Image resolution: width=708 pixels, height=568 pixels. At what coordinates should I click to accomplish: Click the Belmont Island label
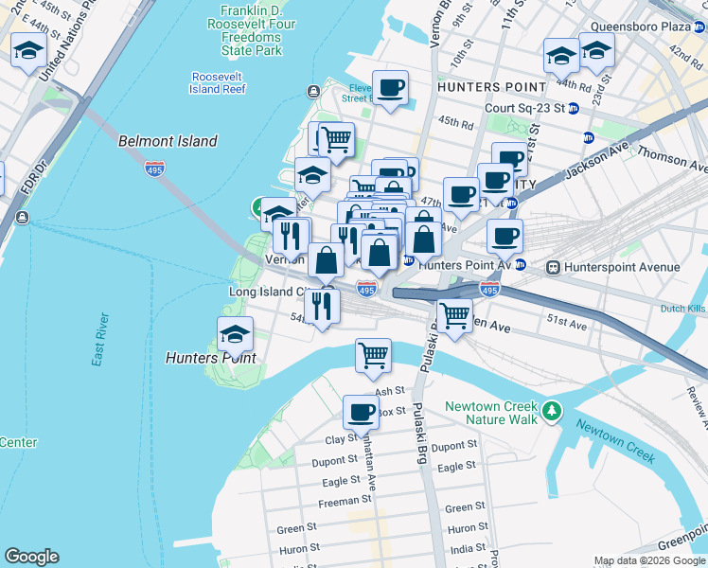tap(168, 141)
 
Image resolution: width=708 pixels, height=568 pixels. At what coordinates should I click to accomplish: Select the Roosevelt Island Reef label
tap(219, 82)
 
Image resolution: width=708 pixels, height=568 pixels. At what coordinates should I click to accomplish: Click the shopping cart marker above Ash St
tap(373, 356)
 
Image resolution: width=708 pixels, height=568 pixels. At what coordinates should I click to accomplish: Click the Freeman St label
tap(345, 501)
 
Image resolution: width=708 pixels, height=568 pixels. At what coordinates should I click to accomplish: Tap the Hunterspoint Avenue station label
tap(621, 268)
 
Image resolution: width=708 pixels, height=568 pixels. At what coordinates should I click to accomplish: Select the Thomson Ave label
tap(672, 155)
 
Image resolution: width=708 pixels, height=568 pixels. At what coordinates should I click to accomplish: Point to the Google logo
tap(32, 557)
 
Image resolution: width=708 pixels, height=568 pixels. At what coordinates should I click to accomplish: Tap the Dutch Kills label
tap(683, 309)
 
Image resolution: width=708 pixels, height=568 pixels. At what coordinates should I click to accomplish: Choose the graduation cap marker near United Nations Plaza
tap(29, 51)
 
